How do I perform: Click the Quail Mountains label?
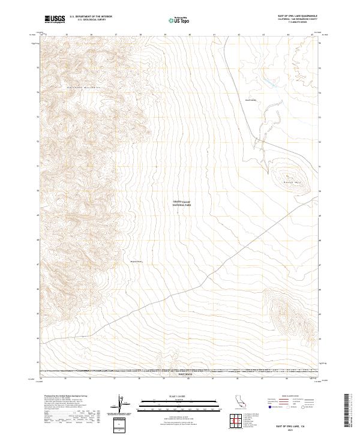coord(82,87)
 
